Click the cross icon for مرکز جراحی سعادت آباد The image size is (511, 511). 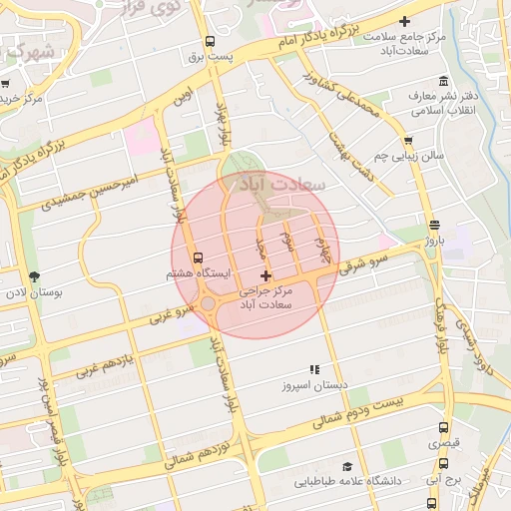click(x=264, y=275)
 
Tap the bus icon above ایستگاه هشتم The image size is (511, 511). click(x=197, y=256)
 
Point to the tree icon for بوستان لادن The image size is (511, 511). click(x=36, y=276)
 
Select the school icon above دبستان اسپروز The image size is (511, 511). click(x=313, y=369)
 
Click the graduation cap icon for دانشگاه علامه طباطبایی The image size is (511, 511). click(x=346, y=466)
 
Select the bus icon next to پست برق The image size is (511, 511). click(x=210, y=42)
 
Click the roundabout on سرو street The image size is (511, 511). click(x=211, y=303)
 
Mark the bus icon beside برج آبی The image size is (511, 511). click(x=444, y=463)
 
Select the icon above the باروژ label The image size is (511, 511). click(x=432, y=226)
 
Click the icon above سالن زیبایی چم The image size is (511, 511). click(x=408, y=140)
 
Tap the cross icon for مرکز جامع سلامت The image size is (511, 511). click(x=404, y=21)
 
